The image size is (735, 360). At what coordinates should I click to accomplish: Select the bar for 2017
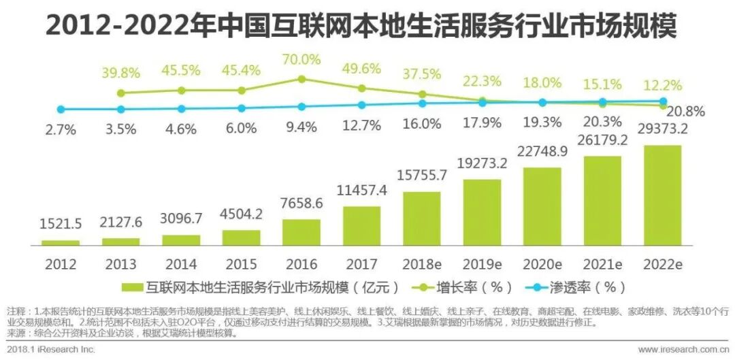(361, 225)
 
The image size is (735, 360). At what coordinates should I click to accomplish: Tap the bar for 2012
(61, 242)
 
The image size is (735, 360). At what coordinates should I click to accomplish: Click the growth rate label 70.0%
(301, 60)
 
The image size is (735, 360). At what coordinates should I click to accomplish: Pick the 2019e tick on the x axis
(482, 263)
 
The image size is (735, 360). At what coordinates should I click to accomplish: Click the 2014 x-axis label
(181, 263)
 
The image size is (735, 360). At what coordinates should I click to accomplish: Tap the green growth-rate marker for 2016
(301, 79)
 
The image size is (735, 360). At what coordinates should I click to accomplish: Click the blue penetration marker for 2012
(61, 109)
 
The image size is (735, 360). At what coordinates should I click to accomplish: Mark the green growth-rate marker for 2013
(121, 93)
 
